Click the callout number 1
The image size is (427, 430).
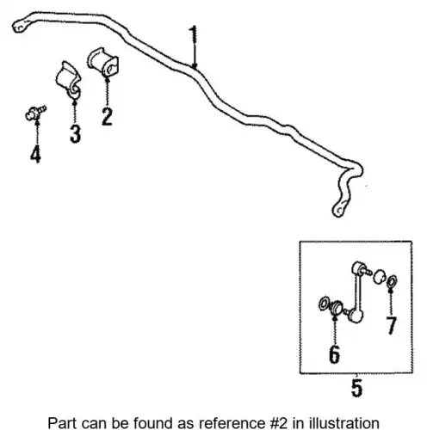(x=194, y=34)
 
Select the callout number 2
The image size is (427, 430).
(x=107, y=116)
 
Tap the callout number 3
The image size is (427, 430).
(x=76, y=133)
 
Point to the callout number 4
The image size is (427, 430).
(x=35, y=154)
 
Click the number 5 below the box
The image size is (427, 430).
(x=357, y=388)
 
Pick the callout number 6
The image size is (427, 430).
(x=335, y=354)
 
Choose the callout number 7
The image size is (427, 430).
(x=392, y=325)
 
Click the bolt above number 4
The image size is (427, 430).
(x=35, y=113)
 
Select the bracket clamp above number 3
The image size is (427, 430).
(x=69, y=80)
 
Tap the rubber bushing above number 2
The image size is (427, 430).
(x=103, y=62)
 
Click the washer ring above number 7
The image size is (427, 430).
(x=392, y=281)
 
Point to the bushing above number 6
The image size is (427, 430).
(x=336, y=308)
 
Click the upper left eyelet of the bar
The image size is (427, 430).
(x=20, y=26)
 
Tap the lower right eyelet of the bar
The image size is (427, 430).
(x=340, y=209)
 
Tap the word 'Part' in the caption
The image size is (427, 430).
(x=63, y=423)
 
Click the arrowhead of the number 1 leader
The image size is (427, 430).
(x=195, y=66)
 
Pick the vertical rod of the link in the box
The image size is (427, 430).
(x=357, y=292)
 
